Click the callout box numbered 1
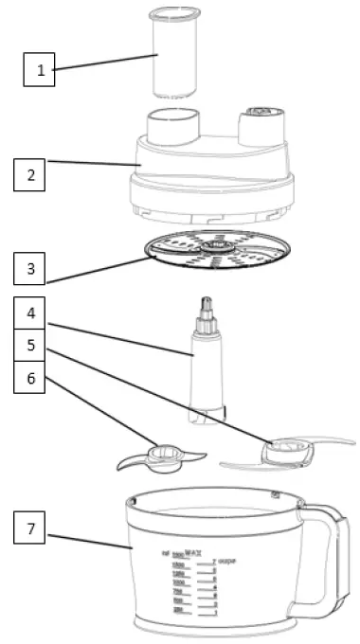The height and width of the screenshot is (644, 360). click(x=40, y=68)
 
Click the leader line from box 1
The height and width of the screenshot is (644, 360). click(x=104, y=62)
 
